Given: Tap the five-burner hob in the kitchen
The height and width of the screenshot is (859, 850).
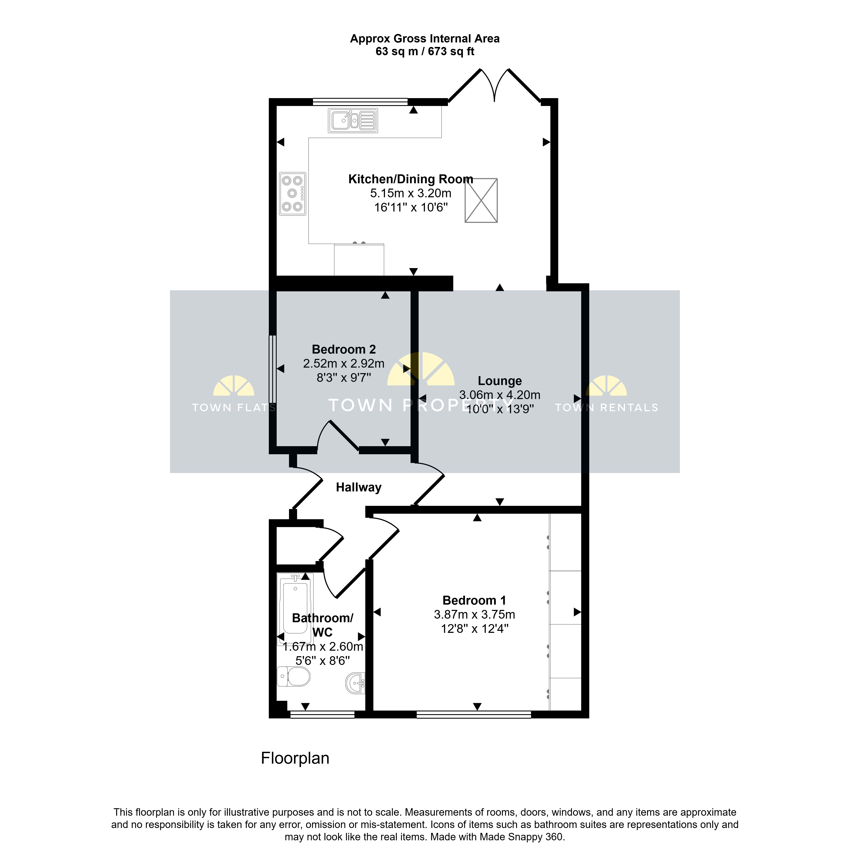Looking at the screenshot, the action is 292,193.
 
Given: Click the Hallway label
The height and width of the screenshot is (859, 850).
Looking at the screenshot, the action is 358,487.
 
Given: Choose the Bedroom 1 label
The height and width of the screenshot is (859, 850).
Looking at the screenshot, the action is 474,600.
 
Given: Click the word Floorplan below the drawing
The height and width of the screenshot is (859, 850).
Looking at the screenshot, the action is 295,758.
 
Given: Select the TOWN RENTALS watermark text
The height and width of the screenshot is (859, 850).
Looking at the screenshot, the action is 606,408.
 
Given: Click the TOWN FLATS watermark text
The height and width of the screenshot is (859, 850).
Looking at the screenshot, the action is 234,408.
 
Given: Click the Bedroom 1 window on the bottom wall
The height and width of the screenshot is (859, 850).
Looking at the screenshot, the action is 474,715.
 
